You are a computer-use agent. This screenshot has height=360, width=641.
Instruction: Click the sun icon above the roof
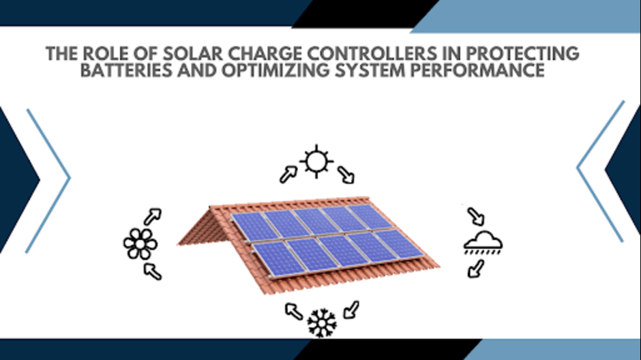pyautogui.click(x=316, y=161)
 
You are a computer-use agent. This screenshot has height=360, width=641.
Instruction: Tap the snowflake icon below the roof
pyautogui.click(x=322, y=323)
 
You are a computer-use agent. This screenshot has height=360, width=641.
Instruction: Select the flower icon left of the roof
pyautogui.click(x=140, y=244)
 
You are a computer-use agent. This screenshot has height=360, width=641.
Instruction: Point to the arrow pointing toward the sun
pyautogui.click(x=288, y=174)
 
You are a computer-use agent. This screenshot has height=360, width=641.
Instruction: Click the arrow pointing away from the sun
pyautogui.click(x=346, y=175)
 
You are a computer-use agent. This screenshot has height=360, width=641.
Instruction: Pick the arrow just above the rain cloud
pyautogui.click(x=476, y=217)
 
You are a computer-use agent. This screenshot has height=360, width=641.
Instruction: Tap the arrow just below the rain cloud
pyautogui.click(x=476, y=269)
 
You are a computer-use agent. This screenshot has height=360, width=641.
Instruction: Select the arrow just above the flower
pyautogui.click(x=153, y=217)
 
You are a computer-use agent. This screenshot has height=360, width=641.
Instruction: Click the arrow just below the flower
pyautogui.click(x=153, y=271)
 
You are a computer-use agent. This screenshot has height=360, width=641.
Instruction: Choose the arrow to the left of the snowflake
pyautogui.click(x=294, y=311)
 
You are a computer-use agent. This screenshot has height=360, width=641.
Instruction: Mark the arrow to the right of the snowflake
pyautogui.click(x=351, y=310)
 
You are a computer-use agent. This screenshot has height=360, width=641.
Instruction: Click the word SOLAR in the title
pyautogui.click(x=192, y=54)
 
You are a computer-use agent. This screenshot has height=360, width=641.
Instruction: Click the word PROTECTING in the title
pyautogui.click(x=523, y=54)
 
